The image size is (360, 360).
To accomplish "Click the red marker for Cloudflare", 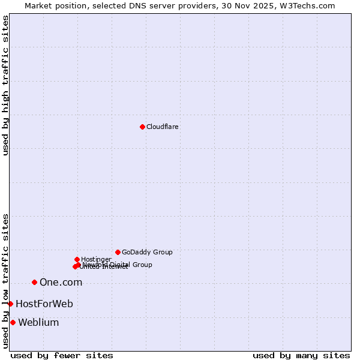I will pyautogui.click(x=142, y=127).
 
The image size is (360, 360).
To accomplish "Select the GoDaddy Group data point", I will pyautogui.click(x=118, y=252).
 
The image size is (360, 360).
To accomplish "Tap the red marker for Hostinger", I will pyautogui.click(x=77, y=259).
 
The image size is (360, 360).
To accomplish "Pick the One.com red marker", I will pyautogui.click(x=34, y=282).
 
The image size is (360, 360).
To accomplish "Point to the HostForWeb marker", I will pyautogui.click(x=10, y=304).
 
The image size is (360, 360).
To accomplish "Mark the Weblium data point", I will pyautogui.click(x=13, y=322).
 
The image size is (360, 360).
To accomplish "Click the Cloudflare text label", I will pyautogui.click(x=163, y=127).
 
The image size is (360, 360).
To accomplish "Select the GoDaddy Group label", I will pyautogui.click(x=147, y=253).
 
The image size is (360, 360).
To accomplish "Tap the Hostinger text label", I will pyautogui.click(x=96, y=259).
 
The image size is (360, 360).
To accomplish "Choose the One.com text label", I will pyautogui.click(x=61, y=283).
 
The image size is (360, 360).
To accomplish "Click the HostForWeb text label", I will pyautogui.click(x=44, y=304).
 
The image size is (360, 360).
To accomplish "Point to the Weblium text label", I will pyautogui.click(x=38, y=323).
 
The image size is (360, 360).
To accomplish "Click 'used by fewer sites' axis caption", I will pyautogui.click(x=62, y=356).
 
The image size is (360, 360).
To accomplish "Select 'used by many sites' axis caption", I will pyautogui.click(x=301, y=356).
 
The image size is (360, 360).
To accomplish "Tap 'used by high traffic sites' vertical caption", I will pyautogui.click(x=5, y=85).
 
